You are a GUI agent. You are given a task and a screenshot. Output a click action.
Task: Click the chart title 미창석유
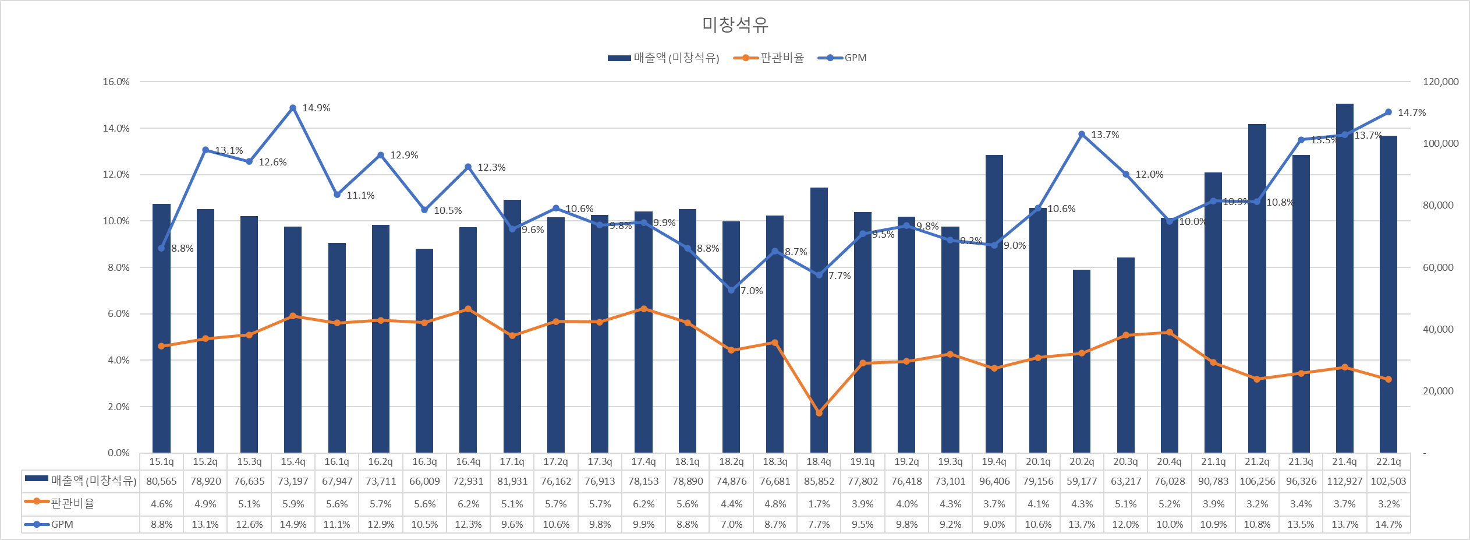pyautogui.click(x=735, y=24)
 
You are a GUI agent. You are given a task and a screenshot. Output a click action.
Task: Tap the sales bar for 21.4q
pyautogui.click(x=1344, y=280)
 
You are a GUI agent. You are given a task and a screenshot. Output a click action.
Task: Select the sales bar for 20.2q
pyautogui.click(x=1082, y=361)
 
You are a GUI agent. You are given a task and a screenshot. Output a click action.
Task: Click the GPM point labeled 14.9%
pyautogui.click(x=293, y=108)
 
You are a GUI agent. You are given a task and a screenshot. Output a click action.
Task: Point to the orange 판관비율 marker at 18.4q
pyautogui.click(x=819, y=413)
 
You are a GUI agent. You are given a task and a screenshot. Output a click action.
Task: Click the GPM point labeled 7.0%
pyautogui.click(x=731, y=290)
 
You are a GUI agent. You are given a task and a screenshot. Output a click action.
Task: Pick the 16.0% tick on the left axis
pyautogui.click(x=116, y=82)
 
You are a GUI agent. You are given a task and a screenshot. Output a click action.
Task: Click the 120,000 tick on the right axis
pyautogui.click(x=1440, y=82)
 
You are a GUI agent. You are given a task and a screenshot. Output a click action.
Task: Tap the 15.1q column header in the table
pyautogui.click(x=161, y=461)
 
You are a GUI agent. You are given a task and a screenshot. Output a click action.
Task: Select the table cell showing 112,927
pyautogui.click(x=1344, y=482)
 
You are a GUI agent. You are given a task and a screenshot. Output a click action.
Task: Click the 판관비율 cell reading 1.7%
pyautogui.click(x=819, y=504)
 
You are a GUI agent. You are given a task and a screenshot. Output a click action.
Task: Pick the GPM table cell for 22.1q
pyautogui.click(x=1388, y=524)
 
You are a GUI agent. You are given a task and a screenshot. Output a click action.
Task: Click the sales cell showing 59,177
pyautogui.click(x=1082, y=482)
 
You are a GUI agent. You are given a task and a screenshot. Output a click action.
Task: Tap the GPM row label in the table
pyautogui.click(x=62, y=524)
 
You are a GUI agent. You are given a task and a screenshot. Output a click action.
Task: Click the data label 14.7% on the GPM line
pyautogui.click(x=1412, y=112)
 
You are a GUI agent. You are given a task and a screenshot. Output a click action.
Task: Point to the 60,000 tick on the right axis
pyautogui.click(x=1438, y=267)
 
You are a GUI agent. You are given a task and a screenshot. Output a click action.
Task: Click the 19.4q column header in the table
pyautogui.click(x=994, y=461)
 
